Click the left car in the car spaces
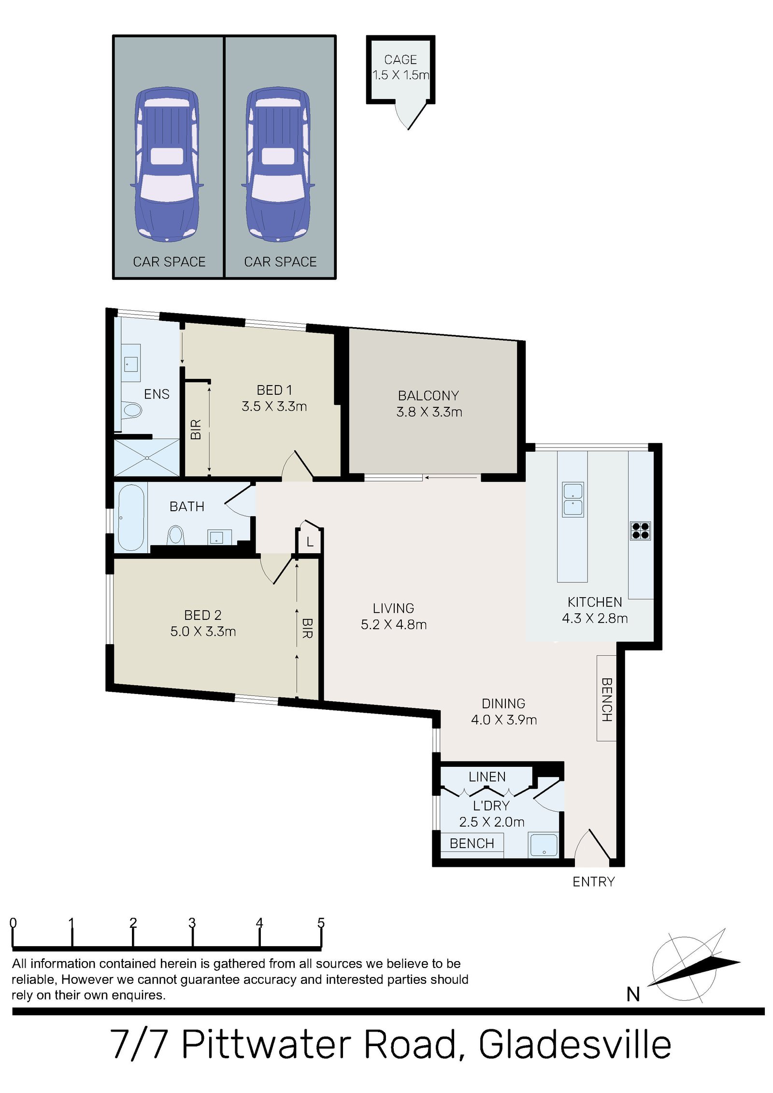click(x=167, y=164)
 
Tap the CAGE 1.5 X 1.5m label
click(x=400, y=67)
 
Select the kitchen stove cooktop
click(x=640, y=530)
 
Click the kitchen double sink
click(x=573, y=500)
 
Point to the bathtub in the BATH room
click(x=130, y=517)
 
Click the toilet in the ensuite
click(x=131, y=410)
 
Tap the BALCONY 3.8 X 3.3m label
click(x=429, y=403)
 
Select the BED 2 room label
click(x=202, y=623)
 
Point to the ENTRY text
click(x=593, y=882)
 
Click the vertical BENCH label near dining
click(x=606, y=699)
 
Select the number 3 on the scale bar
click(x=192, y=923)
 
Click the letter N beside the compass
click(x=633, y=994)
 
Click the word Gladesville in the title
click(x=574, y=1045)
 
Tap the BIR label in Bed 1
click(x=196, y=429)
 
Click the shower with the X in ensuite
click(x=146, y=457)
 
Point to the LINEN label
click(x=487, y=777)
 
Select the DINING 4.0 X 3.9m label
click(x=503, y=711)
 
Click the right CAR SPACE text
click(x=280, y=261)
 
